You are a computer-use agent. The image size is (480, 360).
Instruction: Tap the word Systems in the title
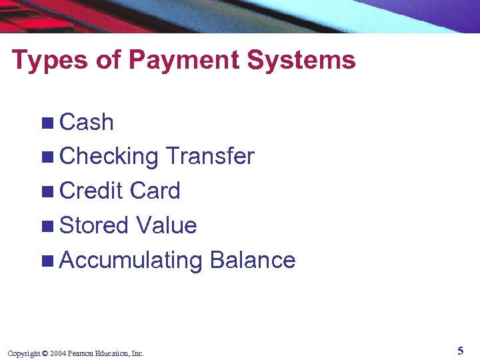click(301, 60)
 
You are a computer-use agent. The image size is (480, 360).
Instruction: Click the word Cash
click(87, 123)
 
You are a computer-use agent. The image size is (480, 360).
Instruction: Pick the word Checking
click(109, 157)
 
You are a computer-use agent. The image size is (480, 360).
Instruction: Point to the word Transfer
click(209, 157)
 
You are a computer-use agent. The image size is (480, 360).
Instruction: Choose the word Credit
click(91, 191)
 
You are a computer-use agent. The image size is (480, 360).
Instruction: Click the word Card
click(155, 191)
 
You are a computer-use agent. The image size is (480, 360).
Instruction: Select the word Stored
click(93, 225)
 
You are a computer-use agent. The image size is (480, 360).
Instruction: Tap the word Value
click(166, 225)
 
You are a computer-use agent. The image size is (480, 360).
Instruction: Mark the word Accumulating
click(131, 260)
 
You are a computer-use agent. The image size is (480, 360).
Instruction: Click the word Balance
click(252, 260)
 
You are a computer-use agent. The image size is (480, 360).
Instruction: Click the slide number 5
click(460, 351)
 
